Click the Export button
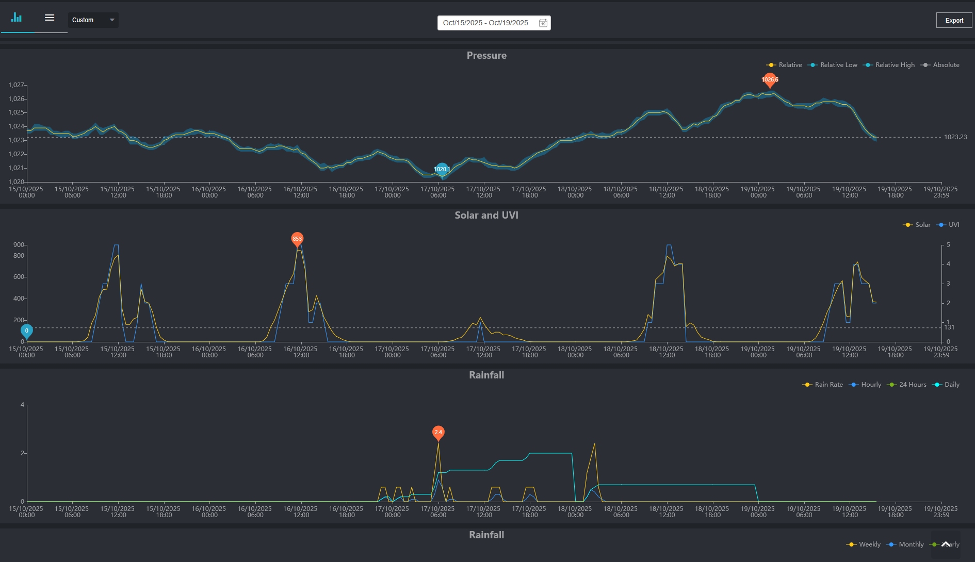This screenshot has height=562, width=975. pos(954,20)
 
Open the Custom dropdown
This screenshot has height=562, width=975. pos(93,20)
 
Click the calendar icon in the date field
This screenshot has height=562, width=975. pos(543,23)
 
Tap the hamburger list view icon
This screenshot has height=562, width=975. pos(50,18)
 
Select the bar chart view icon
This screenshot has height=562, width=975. pos(17,18)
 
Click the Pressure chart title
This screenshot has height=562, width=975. pos(486,56)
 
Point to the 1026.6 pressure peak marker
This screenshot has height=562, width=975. pos(770,79)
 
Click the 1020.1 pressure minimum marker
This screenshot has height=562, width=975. pos(442,169)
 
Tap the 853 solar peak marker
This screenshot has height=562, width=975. pos(297,239)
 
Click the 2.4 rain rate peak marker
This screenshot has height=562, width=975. pos(438,432)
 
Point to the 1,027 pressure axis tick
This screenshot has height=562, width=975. pos(16,85)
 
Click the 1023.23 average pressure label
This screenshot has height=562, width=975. pos(955,137)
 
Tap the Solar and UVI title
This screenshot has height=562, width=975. pos(486,216)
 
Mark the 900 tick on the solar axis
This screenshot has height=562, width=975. pos(19,245)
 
